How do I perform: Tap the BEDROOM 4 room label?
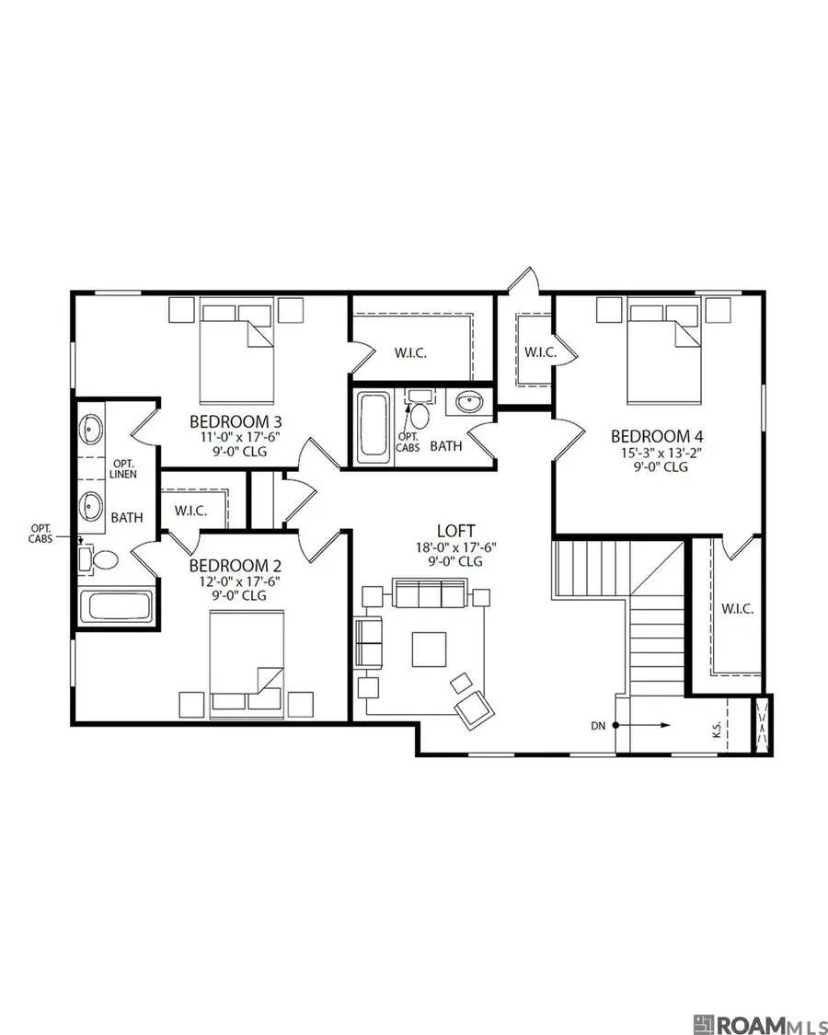point(650,436)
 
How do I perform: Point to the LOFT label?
point(455,531)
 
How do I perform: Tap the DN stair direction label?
point(599,726)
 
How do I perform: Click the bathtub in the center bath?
point(373,426)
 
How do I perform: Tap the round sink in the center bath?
point(470,402)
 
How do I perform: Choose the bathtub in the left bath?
point(117,606)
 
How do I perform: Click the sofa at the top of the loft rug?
point(430,595)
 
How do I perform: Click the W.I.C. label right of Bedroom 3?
point(410,352)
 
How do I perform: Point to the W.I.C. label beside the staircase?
point(738,608)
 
